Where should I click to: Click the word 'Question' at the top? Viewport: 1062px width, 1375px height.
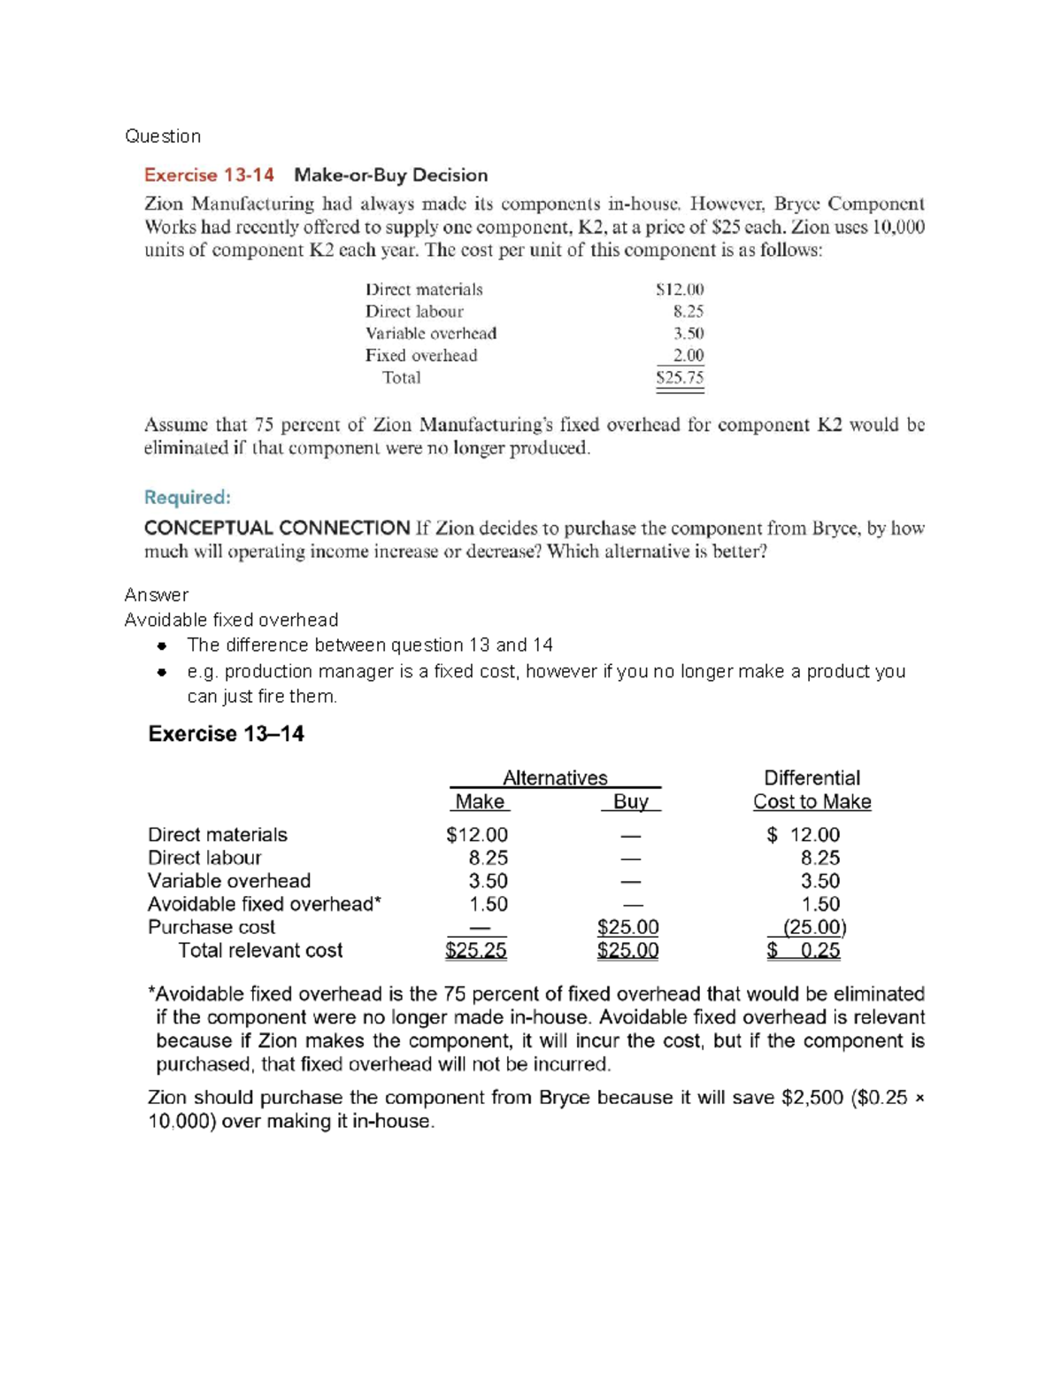coord(163,136)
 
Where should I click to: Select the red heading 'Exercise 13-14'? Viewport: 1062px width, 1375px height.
coord(209,175)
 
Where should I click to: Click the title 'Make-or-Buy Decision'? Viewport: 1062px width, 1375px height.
coord(390,175)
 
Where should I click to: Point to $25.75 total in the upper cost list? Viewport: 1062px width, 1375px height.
coord(680,378)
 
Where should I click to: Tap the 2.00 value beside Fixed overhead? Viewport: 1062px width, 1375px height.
coord(688,356)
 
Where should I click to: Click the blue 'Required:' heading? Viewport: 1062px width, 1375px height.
coord(187,498)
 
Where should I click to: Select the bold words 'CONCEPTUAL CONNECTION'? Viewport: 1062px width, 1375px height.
coord(277,529)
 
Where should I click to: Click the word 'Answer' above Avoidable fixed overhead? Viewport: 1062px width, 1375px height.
coord(157,595)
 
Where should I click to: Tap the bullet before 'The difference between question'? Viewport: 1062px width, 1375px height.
coord(162,645)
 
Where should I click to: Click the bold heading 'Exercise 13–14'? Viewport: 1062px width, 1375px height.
coord(226,734)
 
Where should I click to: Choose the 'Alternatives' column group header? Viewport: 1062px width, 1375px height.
coord(555,778)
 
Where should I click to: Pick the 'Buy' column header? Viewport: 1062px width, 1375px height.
coord(631,802)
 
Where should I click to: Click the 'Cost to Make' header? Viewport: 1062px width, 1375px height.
coord(812,802)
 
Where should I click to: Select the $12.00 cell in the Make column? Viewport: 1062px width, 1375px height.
coord(477,835)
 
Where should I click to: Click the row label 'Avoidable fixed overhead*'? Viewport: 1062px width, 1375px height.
coord(264,904)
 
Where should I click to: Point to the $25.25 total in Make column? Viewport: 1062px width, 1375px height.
coord(476,951)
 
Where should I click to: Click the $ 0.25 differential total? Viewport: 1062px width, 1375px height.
coord(804,951)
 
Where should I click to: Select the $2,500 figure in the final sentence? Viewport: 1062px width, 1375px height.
coord(812,1098)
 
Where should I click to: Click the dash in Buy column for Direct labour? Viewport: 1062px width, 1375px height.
coord(630,859)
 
